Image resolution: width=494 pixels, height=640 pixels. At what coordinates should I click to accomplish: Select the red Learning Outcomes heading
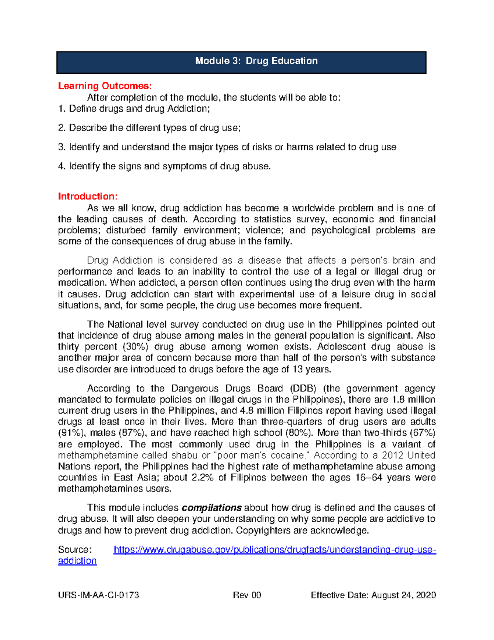(105, 86)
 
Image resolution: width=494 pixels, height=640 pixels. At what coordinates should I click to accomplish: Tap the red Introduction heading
(88, 196)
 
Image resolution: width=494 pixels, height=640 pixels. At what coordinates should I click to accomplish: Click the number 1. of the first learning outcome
(62, 109)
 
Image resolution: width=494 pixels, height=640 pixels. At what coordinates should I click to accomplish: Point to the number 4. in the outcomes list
(62, 166)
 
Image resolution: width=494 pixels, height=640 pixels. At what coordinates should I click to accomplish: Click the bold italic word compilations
(212, 508)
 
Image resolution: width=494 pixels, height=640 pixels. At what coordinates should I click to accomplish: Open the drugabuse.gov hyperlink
(275, 550)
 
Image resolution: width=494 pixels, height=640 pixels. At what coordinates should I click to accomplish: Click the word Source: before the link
(75, 550)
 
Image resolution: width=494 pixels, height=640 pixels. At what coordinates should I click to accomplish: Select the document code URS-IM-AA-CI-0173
(98, 595)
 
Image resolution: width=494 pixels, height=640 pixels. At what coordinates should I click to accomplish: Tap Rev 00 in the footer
(247, 595)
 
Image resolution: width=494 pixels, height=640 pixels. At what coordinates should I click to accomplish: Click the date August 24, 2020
(403, 595)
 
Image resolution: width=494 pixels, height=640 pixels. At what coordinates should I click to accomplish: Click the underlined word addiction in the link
(77, 561)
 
